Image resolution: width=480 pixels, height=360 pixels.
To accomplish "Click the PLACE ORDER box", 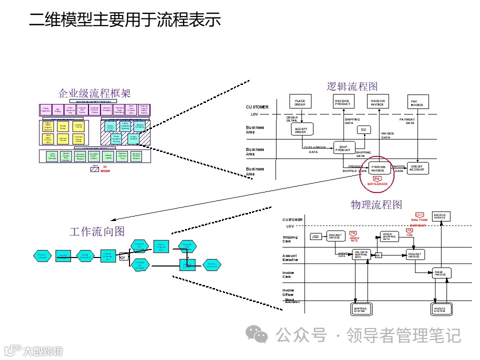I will click(300, 102).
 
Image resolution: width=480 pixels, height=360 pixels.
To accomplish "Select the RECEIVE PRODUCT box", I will click(342, 102).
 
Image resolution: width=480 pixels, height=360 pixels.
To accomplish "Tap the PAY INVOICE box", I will click(417, 103).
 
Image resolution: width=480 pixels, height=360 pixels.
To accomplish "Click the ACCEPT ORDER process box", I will click(301, 129).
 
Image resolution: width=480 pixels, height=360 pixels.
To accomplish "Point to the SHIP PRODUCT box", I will click(343, 148).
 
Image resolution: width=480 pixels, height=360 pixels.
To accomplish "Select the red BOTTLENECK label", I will click(377, 184).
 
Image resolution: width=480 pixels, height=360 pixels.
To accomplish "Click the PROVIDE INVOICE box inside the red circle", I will click(378, 168).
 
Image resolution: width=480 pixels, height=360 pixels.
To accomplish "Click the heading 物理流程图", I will click(376, 205).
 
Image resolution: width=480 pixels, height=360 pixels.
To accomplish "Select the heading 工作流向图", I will click(97, 231).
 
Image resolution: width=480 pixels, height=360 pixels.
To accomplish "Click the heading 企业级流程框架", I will click(94, 93).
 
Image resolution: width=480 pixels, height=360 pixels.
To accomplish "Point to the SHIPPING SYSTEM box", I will click(360, 309).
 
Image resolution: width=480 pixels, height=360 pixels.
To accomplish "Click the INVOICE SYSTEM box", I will click(439, 309).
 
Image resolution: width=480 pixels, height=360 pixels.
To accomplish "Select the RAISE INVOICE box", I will click(440, 273).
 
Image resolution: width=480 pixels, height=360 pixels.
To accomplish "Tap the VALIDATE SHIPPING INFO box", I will click(360, 254).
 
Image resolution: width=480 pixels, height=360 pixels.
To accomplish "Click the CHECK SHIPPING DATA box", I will click(389, 236).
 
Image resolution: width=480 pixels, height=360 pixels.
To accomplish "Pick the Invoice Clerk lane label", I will click(288, 274).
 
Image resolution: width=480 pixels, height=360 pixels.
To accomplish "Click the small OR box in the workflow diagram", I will click(122, 257).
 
